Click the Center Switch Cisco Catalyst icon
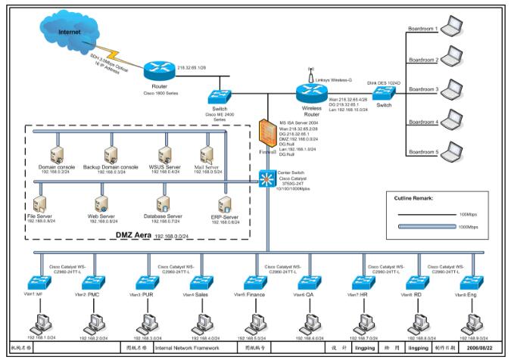coord(268,179)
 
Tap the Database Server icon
coord(161,203)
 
